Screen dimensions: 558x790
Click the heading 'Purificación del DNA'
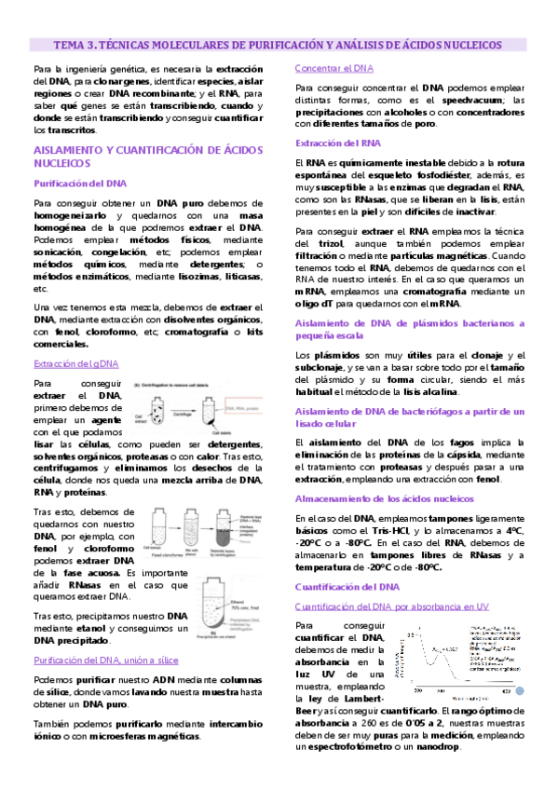pos(79,183)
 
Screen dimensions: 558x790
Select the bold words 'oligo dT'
pos(317,303)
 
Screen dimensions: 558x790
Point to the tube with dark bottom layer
pos(245,534)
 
